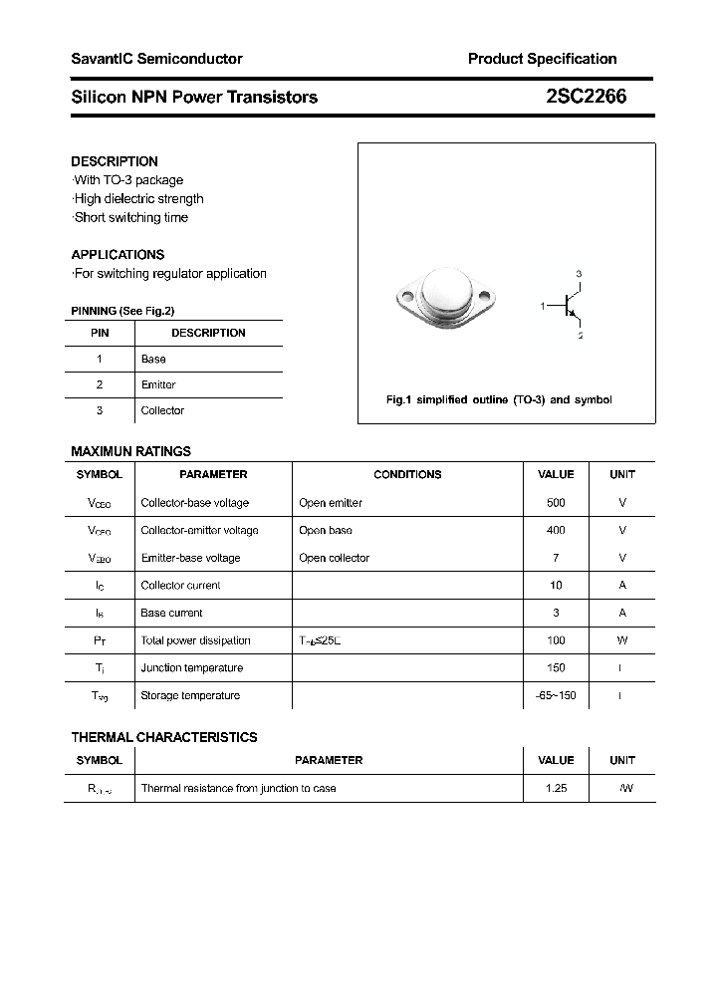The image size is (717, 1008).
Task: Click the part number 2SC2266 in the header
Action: pyautogui.click(x=586, y=97)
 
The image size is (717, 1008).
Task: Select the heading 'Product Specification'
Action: pyautogui.click(x=542, y=59)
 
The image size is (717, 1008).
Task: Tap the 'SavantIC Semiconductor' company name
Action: pyautogui.click(x=156, y=59)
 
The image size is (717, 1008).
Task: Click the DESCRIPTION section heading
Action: pyautogui.click(x=115, y=161)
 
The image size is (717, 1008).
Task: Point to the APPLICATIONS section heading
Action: pyautogui.click(x=118, y=255)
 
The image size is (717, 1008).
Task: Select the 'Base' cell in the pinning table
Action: pyautogui.click(x=153, y=359)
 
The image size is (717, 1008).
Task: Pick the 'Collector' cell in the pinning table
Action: pyautogui.click(x=162, y=410)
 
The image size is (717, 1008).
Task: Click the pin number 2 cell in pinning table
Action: pyautogui.click(x=100, y=384)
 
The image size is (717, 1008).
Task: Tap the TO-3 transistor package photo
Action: pyautogui.click(x=445, y=296)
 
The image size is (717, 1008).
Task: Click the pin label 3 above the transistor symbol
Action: pyautogui.click(x=579, y=274)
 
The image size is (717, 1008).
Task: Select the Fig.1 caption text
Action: pyautogui.click(x=499, y=399)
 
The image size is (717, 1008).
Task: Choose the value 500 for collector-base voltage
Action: pyautogui.click(x=556, y=503)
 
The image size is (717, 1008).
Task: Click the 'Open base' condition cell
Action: pyautogui.click(x=326, y=531)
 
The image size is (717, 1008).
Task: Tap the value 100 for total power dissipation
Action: pyautogui.click(x=556, y=640)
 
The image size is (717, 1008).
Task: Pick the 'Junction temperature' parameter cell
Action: pyautogui.click(x=192, y=668)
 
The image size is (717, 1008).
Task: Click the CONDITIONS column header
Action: pyautogui.click(x=407, y=475)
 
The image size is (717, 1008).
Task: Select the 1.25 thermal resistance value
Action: pyautogui.click(x=556, y=788)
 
